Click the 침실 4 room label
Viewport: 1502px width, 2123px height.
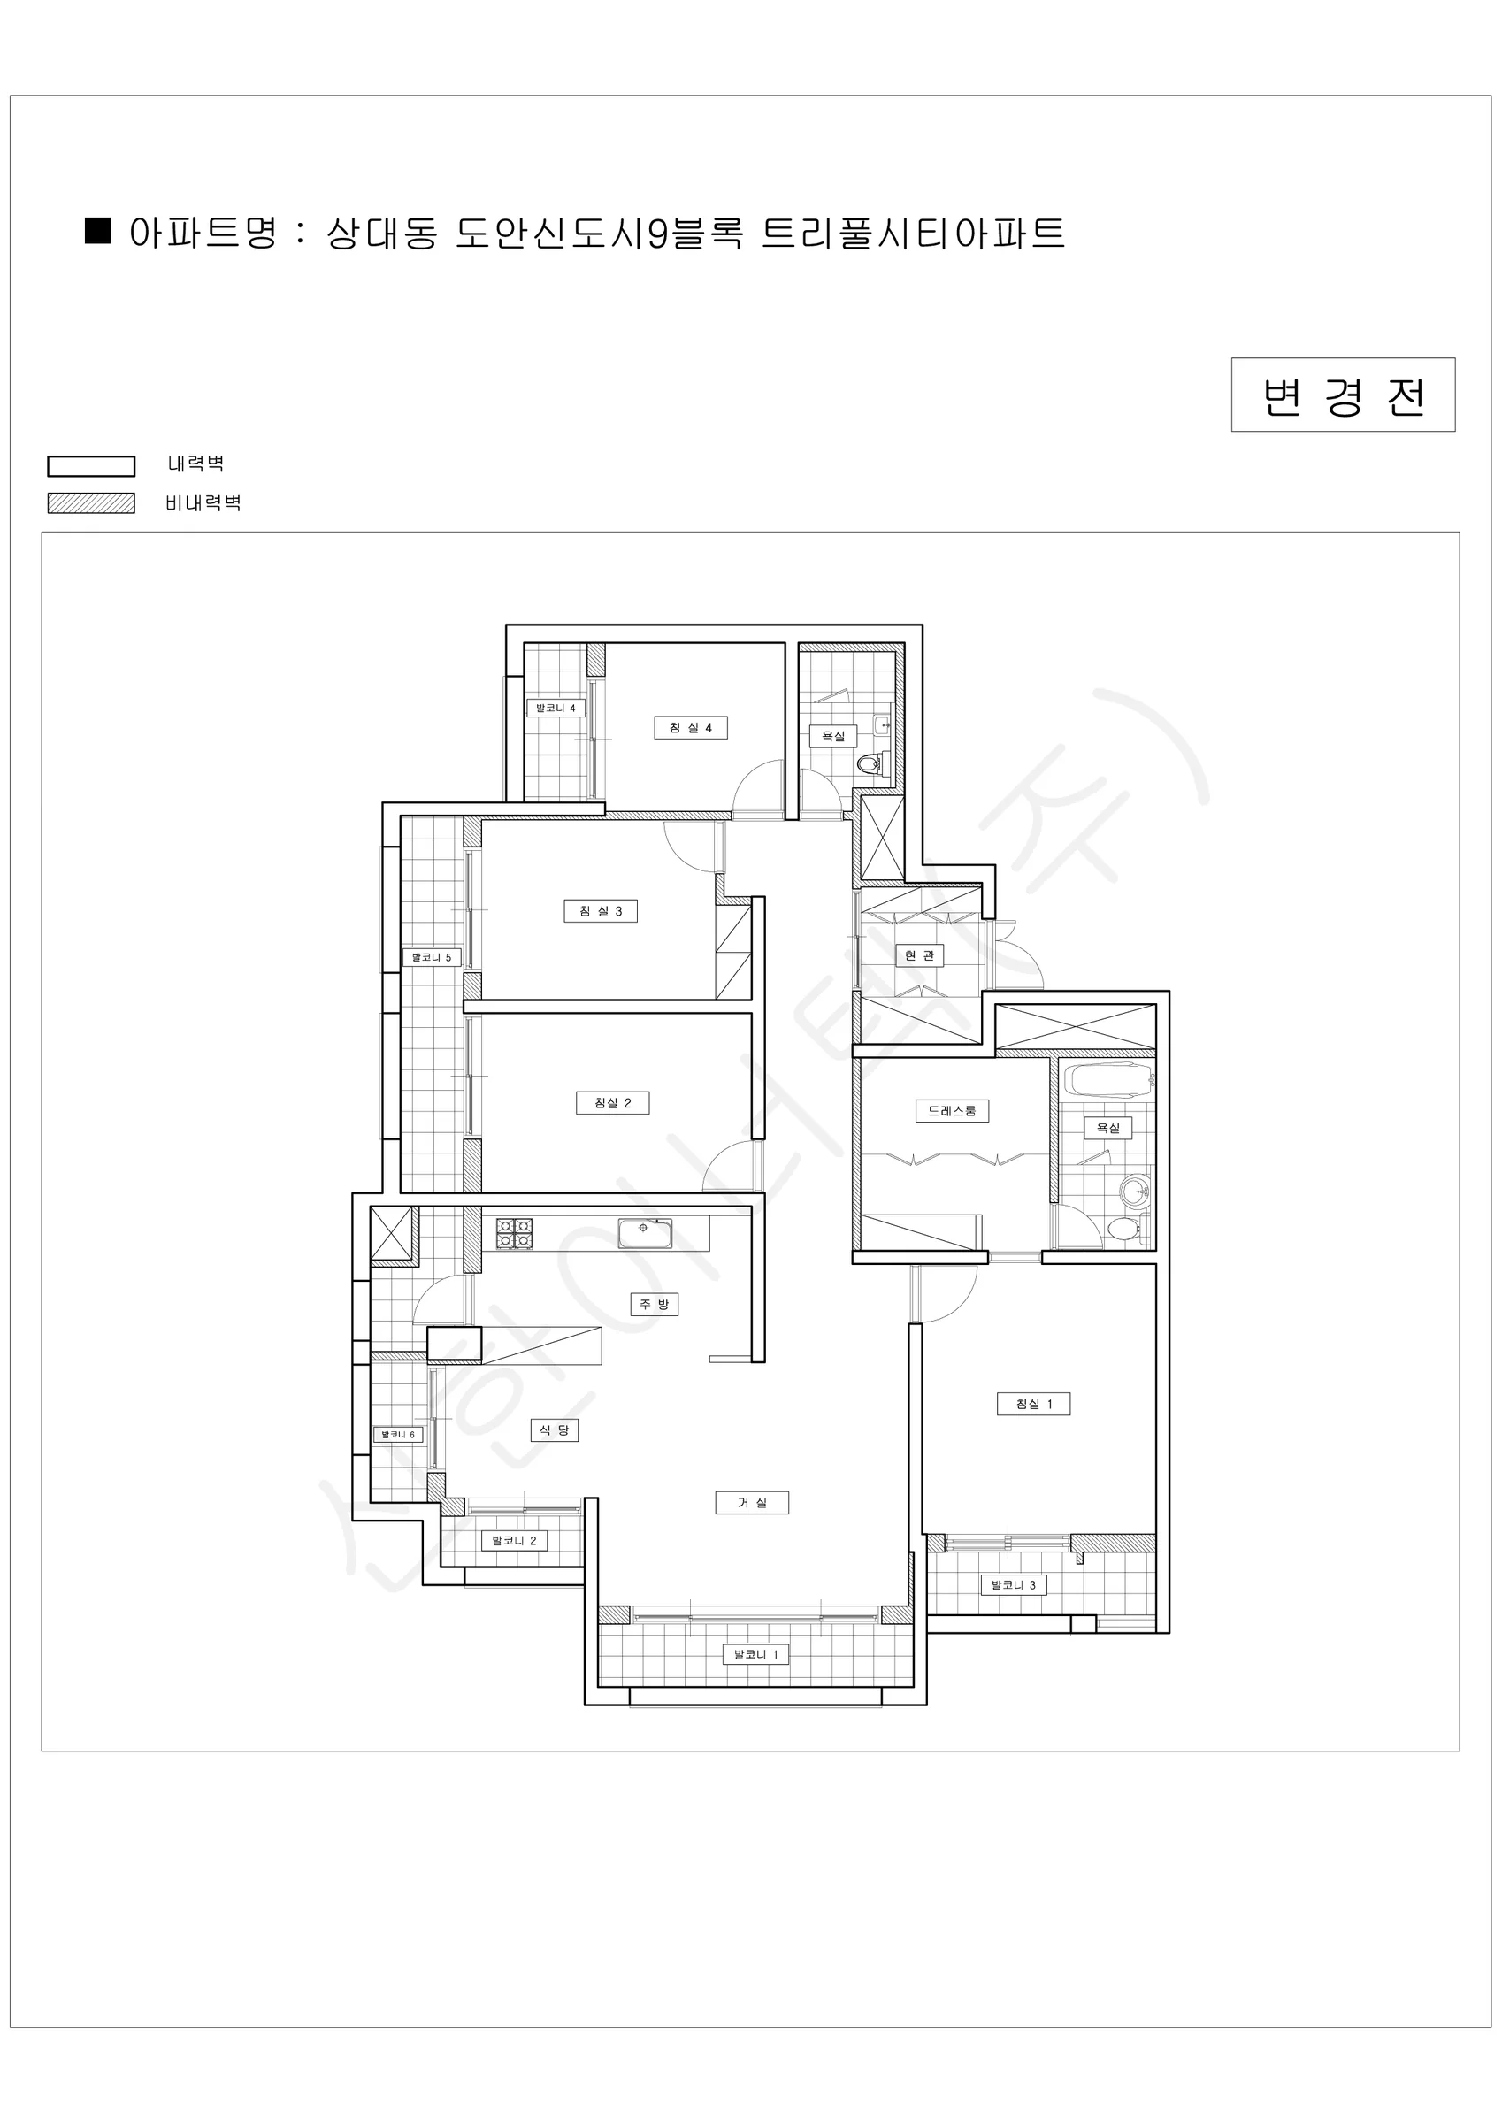coord(691,728)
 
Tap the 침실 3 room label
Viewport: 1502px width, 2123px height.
coord(601,911)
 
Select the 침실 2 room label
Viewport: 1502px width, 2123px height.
coord(612,1102)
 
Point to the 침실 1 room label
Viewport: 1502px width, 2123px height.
coord(1034,1404)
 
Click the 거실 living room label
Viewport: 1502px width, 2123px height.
coord(752,1503)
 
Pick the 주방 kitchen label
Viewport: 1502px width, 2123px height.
coord(654,1304)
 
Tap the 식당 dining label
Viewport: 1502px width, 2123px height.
coord(554,1429)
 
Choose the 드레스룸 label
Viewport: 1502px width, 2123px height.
coord(952,1110)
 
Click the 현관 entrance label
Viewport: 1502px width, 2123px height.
coord(919,955)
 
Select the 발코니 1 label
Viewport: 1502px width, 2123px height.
coord(755,1654)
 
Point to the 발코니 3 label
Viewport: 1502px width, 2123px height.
coord(1014,1585)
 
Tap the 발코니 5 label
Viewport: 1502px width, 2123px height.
coord(432,957)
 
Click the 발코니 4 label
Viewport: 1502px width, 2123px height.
coord(556,709)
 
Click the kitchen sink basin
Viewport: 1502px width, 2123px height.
coord(645,1233)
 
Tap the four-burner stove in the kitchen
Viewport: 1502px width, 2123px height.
coord(514,1234)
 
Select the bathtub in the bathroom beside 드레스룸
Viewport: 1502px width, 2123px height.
coord(1108,1080)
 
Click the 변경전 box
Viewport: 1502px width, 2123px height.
coord(1343,395)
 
